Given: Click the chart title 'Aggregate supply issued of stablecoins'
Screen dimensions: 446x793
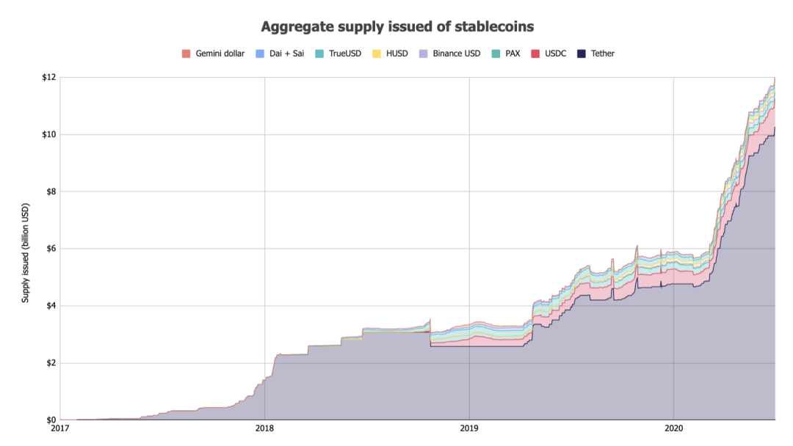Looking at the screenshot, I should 397,26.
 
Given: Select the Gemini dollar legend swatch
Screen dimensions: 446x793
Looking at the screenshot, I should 187,54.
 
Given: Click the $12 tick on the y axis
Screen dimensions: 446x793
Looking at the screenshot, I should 48,78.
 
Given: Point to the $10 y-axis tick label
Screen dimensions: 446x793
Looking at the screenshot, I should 48,135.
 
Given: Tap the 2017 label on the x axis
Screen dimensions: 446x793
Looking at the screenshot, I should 60,428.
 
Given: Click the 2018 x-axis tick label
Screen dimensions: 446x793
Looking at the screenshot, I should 264,428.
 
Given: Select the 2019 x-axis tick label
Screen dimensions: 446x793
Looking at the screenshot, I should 469,428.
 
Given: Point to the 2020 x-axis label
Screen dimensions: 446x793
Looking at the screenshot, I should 673,428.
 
